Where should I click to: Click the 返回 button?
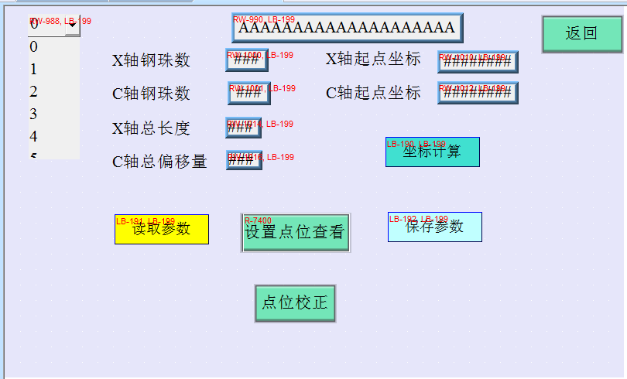point(581,33)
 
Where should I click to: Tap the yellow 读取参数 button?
point(161,229)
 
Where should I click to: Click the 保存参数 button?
point(434,227)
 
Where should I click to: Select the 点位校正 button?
point(295,302)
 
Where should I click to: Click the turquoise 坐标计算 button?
point(432,152)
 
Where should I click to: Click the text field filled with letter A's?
point(347,28)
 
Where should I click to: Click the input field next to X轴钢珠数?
point(247,59)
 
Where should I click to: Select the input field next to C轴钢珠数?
point(248,93)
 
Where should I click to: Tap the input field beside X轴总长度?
point(243,128)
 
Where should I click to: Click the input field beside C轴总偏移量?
point(244,160)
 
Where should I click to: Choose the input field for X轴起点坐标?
point(478,61)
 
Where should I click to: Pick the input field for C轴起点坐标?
point(478,93)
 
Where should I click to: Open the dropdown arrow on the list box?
point(72,25)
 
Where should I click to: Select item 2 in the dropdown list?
point(34,92)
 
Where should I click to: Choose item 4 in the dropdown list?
point(34,137)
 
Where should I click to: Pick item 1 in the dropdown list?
point(34,70)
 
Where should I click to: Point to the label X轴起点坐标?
point(373,60)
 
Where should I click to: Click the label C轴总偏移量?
point(159,162)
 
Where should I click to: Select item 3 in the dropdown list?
point(34,114)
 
